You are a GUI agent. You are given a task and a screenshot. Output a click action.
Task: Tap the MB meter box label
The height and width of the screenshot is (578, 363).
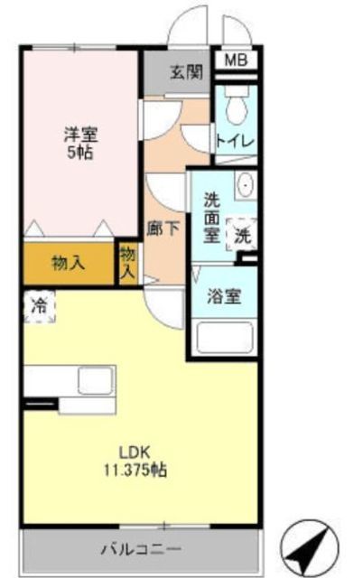(x=236, y=61)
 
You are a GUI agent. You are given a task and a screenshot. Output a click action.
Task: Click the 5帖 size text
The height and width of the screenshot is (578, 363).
(x=79, y=153)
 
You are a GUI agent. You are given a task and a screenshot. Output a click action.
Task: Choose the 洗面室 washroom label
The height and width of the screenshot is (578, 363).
(x=211, y=218)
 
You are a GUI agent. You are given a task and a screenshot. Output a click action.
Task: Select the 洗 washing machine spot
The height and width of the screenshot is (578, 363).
(x=242, y=237)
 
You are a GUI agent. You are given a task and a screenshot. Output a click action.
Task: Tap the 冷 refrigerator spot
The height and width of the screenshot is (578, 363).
(x=39, y=304)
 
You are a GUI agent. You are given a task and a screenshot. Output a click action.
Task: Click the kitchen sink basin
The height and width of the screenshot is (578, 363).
(x=94, y=379)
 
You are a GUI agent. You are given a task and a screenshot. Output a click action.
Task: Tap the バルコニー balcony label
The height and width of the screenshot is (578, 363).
(x=140, y=548)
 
